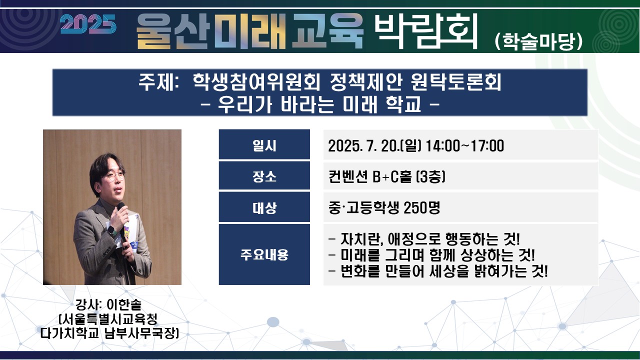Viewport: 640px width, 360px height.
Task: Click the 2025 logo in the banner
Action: click(88, 24)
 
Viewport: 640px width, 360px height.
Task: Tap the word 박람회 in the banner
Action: click(425, 30)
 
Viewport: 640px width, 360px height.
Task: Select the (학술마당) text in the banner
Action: click(538, 41)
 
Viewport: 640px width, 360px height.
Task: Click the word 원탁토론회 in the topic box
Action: click(456, 82)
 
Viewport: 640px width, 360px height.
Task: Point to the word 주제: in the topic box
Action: click(159, 82)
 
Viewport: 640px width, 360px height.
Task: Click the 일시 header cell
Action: click(264, 144)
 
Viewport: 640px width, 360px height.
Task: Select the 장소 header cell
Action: click(264, 175)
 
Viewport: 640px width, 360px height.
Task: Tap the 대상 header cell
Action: click(264, 207)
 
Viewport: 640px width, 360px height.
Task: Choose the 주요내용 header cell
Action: click(264, 254)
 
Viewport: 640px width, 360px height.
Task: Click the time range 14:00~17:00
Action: click(465, 145)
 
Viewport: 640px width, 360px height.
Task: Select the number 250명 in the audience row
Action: click(422, 207)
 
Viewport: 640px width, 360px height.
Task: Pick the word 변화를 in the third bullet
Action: click(360, 271)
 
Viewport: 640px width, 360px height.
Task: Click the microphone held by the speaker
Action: click(123, 225)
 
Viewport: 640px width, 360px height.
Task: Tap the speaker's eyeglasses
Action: click(115, 176)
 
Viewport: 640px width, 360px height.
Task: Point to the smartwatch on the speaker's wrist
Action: click(111, 230)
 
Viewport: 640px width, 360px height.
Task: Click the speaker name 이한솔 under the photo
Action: click(124, 304)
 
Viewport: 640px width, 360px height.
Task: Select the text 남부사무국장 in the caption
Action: click(141, 333)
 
